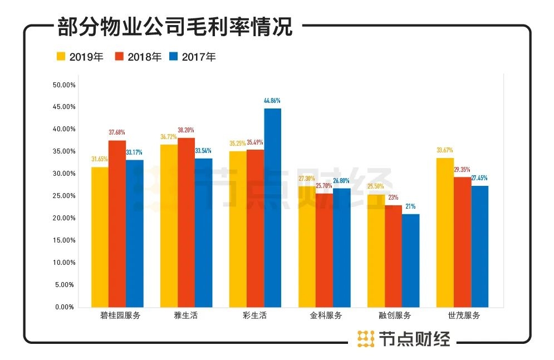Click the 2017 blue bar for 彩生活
[273, 208]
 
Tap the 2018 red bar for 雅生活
[186, 223]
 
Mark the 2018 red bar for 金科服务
[324, 250]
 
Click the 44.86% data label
[272, 101]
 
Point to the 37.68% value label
[117, 132]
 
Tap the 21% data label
[410, 206]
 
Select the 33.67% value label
[445, 150]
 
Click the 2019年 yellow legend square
[61, 57]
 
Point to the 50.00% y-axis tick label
[63, 85]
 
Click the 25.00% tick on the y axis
[63, 196]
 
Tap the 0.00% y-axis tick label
[65, 307]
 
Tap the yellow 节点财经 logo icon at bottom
[365, 338]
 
